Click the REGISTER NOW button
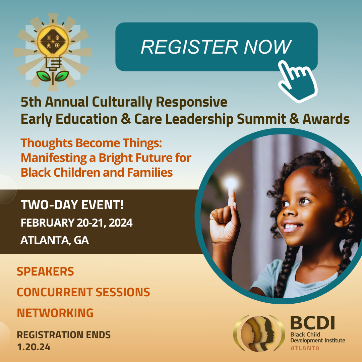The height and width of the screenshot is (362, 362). click(x=216, y=47)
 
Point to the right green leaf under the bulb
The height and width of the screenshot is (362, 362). click(x=62, y=76)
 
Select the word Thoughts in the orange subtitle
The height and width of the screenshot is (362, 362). click(x=46, y=143)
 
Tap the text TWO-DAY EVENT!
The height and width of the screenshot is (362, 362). click(x=72, y=205)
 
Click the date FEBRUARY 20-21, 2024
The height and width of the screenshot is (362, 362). click(x=76, y=223)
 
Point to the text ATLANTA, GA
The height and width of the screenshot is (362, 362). click(x=55, y=240)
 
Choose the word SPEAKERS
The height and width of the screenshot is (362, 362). click(x=45, y=271)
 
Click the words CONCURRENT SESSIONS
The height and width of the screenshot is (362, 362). click(x=83, y=292)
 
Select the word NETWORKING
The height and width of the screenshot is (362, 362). click(x=55, y=313)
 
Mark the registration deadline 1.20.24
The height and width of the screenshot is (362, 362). click(x=34, y=347)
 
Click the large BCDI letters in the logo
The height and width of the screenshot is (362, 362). click(x=313, y=323)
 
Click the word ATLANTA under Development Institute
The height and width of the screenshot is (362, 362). click(x=305, y=348)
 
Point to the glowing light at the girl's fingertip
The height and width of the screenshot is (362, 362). click(x=231, y=184)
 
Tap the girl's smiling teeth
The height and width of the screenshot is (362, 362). click(x=291, y=226)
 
